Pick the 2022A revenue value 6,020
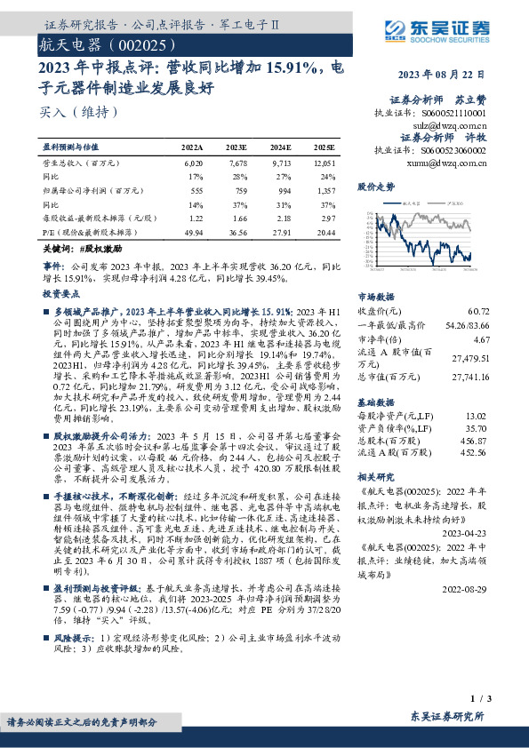point(193,164)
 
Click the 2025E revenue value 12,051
point(325,164)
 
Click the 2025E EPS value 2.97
point(326,218)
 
